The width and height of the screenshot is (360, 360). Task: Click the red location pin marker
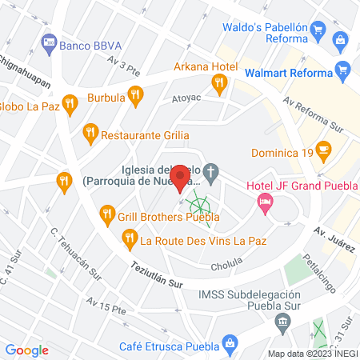(x=181, y=178)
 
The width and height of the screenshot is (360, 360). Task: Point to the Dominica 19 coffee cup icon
(x=322, y=149)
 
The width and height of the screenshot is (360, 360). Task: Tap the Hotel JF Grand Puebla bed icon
(x=263, y=203)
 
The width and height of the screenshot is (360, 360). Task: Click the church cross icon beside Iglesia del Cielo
(x=211, y=170)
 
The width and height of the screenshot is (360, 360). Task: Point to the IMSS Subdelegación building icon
(x=282, y=322)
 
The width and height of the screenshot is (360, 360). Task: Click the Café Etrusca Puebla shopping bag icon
(x=230, y=346)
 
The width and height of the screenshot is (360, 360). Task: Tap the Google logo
(x=27, y=350)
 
